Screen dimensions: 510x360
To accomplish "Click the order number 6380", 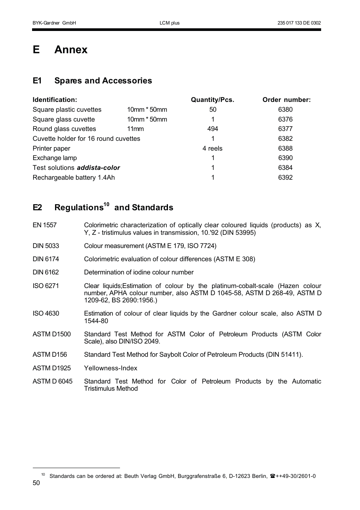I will click(285, 109).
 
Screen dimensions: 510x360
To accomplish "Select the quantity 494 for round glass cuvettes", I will click(212, 129).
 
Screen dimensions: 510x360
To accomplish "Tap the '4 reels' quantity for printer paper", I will click(212, 148).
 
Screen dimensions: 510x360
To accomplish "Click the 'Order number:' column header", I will click(286, 100).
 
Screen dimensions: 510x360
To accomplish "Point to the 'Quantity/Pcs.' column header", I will click(212, 100).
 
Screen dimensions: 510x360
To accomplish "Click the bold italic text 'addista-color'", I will click(98, 168).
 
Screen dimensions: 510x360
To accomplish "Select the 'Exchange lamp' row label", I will click(55, 158).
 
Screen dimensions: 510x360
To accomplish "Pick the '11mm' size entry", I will click(135, 129).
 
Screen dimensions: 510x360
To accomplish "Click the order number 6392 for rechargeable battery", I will click(285, 177).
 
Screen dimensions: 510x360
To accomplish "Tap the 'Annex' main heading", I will click(71, 49).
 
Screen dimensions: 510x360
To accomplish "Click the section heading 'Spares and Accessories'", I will click(103, 80).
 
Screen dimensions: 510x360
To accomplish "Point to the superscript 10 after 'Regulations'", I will click(106, 204).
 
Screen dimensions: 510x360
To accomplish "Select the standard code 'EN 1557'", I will click(45, 225).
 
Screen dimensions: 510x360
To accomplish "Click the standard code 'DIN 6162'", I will click(46, 272).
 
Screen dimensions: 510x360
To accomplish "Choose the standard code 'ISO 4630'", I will click(46, 313).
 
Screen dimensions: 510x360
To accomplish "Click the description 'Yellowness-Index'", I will click(111, 368).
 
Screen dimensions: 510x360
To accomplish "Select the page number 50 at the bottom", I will click(36, 483).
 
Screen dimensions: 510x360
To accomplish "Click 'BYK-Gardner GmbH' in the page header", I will click(54, 23).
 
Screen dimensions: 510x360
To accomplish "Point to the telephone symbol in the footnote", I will click(272, 476).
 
